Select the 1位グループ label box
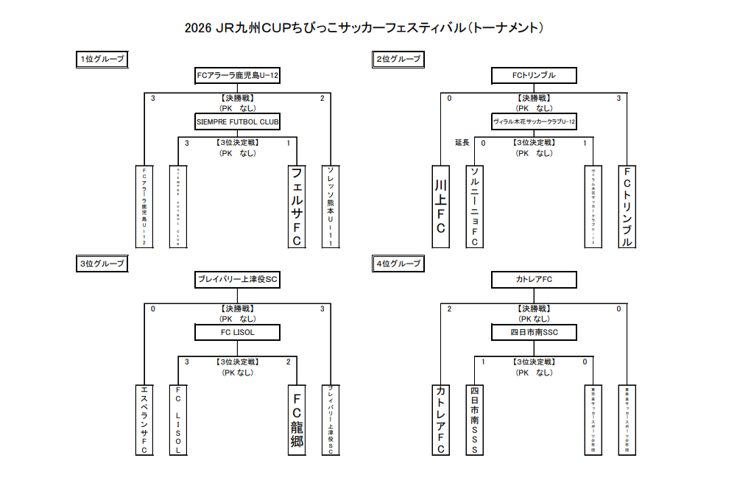click(102, 59)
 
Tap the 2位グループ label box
click(398, 59)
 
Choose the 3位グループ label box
click(102, 263)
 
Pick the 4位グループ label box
click(398, 263)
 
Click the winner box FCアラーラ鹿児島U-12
click(237, 75)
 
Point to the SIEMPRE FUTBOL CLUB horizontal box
click(237, 121)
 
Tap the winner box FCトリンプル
click(534, 75)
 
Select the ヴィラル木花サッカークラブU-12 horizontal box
click(534, 121)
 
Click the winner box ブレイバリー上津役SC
click(237, 280)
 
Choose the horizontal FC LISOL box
click(237, 333)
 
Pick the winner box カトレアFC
click(534, 280)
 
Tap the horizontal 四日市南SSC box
click(534, 333)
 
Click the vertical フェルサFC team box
click(297, 206)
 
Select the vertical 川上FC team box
click(440, 206)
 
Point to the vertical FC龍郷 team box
click(297, 420)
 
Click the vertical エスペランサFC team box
click(144, 420)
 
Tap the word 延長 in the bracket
click(462, 143)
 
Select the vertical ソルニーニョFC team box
click(475, 206)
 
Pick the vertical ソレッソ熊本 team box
click(331, 206)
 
